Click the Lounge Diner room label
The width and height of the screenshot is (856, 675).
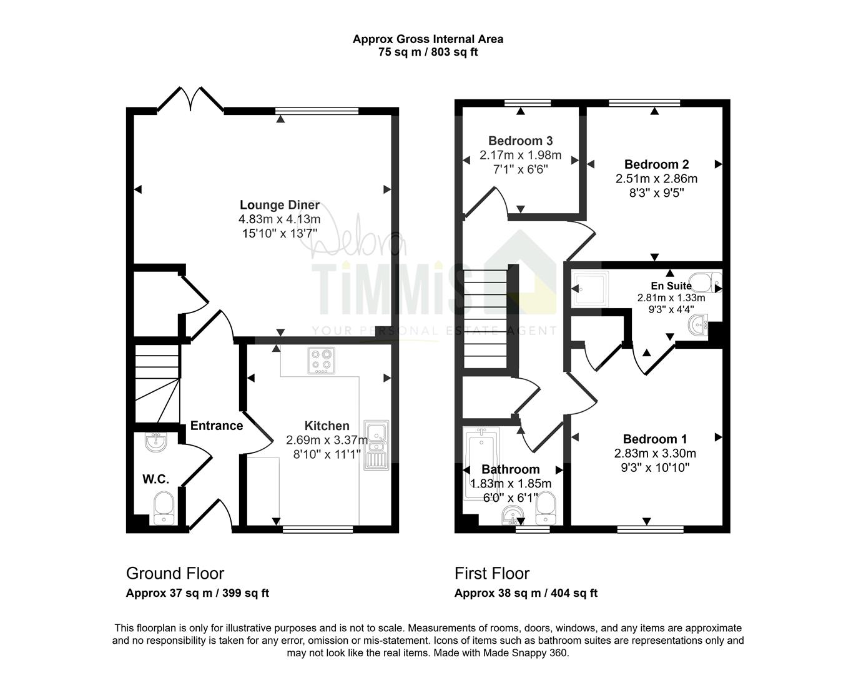pyautogui.click(x=279, y=205)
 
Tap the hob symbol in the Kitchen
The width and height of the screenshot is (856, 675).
pyautogui.click(x=321, y=361)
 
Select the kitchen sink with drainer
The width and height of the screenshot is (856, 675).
pyautogui.click(x=376, y=445)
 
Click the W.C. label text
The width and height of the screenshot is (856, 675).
pyautogui.click(x=156, y=479)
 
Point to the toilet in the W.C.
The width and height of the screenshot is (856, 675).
pyautogui.click(x=164, y=508)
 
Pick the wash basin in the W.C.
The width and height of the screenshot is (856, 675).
pyautogui.click(x=156, y=442)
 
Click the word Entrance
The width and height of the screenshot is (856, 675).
pyautogui.click(x=217, y=426)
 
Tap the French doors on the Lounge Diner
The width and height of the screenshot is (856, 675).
pyautogui.click(x=190, y=99)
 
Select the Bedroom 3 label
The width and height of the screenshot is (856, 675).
pyautogui.click(x=520, y=141)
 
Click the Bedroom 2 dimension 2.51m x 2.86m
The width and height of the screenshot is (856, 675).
pyautogui.click(x=656, y=178)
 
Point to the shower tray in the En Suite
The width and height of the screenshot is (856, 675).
pyautogui.click(x=590, y=289)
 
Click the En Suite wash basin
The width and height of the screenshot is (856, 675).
pyautogui.click(x=698, y=324)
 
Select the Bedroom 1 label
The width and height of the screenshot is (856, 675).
pyautogui.click(x=655, y=439)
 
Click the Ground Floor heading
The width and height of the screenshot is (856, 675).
pyautogui.click(x=175, y=574)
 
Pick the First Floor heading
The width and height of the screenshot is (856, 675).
pyautogui.click(x=492, y=574)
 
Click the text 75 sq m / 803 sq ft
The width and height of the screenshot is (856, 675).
pyautogui.click(x=428, y=52)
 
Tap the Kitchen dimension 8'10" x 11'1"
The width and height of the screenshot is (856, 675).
pyautogui.click(x=327, y=454)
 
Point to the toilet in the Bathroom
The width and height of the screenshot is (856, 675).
pyautogui.click(x=546, y=508)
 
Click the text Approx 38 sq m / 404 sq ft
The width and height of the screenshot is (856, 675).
pyautogui.click(x=526, y=593)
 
